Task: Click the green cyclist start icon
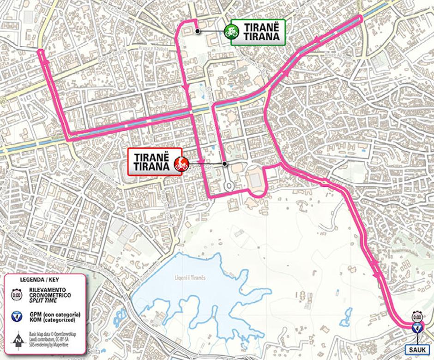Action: coord(230,32)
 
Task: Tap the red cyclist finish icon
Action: coord(181,163)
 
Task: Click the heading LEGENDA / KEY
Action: coord(39,280)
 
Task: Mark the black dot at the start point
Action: coord(198,31)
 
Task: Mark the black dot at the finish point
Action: coord(225,164)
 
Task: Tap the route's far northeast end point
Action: coord(361,17)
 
